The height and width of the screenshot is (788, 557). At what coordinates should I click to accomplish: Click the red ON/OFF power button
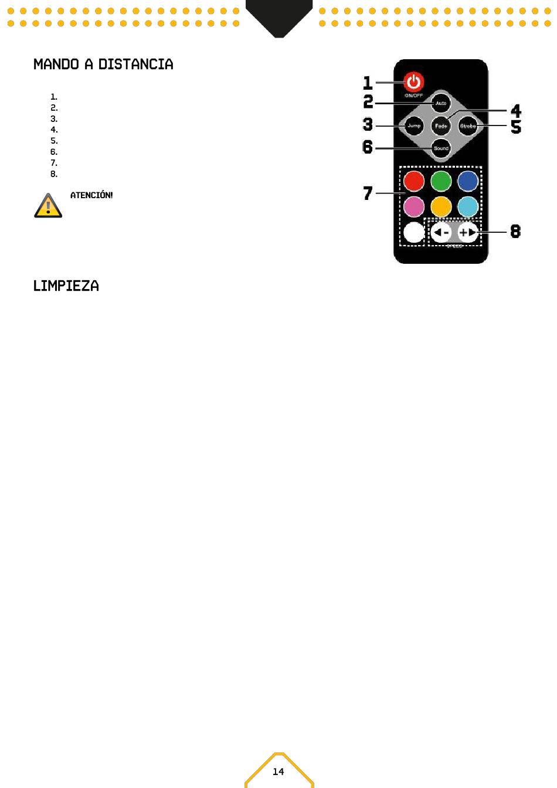[x=414, y=82]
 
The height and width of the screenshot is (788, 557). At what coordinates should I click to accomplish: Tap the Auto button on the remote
[x=441, y=103]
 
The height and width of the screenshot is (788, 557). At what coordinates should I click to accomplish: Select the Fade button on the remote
[x=441, y=125]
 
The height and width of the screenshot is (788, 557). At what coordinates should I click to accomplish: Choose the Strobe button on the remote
[x=468, y=125]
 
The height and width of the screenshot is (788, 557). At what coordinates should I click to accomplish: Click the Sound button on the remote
[x=441, y=148]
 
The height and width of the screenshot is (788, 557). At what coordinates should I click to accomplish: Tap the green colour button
[x=441, y=181]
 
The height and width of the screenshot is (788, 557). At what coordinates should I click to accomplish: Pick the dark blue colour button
[x=468, y=181]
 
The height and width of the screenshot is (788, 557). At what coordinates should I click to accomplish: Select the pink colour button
[x=414, y=206]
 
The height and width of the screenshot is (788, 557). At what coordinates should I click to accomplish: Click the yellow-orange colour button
[x=441, y=206]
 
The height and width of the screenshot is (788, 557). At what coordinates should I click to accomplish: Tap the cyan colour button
[x=468, y=206]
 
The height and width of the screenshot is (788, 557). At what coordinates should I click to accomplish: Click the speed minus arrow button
[x=441, y=232]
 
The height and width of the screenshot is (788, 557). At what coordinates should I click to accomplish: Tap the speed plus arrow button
[x=468, y=232]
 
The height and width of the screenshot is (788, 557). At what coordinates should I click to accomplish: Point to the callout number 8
[x=515, y=232]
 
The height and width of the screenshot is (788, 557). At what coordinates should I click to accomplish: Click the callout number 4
[x=516, y=110]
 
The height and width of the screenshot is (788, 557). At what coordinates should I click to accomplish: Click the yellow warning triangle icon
[x=48, y=205]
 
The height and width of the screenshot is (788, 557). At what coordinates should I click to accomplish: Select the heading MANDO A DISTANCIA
[x=103, y=64]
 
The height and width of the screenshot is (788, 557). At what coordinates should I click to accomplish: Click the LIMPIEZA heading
[x=66, y=286]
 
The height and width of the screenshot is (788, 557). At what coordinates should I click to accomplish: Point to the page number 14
[x=278, y=772]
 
